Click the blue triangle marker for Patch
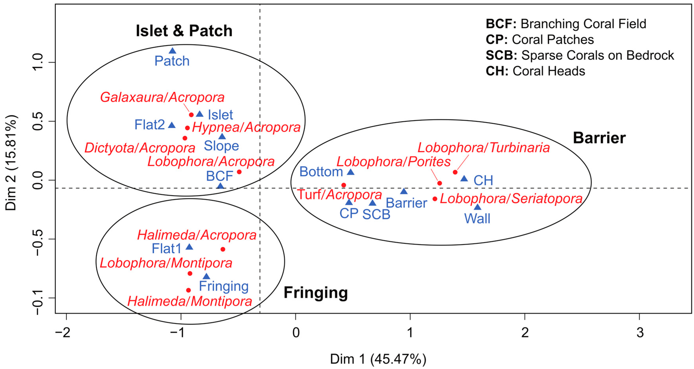172,51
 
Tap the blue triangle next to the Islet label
200,114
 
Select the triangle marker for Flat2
172,125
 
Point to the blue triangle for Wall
477,207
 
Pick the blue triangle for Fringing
206,276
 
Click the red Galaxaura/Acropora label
162,97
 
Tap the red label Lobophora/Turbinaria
484,148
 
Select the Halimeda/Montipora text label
190,301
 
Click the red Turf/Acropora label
340,195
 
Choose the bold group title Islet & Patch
184,31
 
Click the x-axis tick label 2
525,333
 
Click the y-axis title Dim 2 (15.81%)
11,163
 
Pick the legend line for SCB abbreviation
580,55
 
